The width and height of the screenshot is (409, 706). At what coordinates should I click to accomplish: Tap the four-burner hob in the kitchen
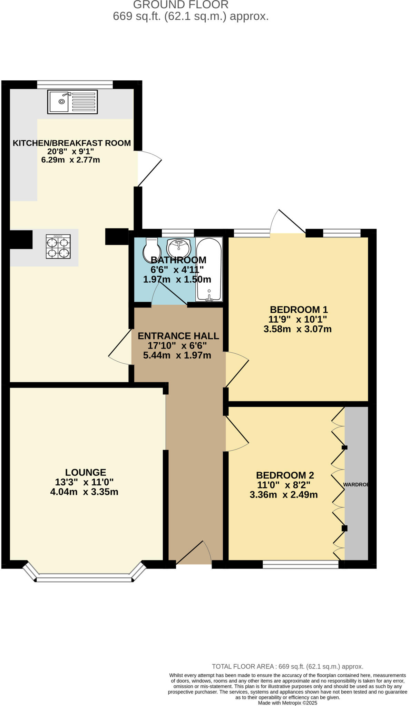tap(58, 246)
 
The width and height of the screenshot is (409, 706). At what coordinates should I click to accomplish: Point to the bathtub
tap(209, 269)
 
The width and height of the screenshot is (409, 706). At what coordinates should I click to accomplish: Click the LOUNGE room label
tap(86, 472)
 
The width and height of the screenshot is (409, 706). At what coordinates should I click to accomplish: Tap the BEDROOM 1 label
tap(299, 309)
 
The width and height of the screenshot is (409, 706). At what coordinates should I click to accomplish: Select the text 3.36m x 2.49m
tap(283, 495)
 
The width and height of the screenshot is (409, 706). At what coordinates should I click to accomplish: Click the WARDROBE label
tap(356, 484)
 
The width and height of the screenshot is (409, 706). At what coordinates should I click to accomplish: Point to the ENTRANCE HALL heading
tap(178, 336)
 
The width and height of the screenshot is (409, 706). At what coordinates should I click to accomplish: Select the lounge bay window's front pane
tap(84, 580)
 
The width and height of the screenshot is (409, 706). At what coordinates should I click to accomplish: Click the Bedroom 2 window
tap(300, 564)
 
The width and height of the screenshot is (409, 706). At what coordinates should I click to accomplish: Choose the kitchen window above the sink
tap(75, 84)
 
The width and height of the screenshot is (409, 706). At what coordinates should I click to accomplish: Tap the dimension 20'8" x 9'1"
tap(70, 151)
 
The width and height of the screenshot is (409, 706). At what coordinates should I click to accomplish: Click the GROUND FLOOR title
tap(181, 5)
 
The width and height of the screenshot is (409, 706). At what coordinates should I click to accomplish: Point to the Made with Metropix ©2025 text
tap(287, 703)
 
